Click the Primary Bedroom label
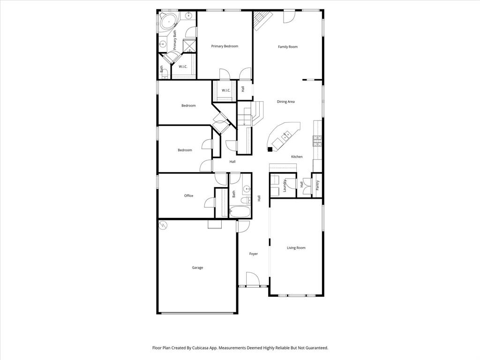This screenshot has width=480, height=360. tap(225, 46)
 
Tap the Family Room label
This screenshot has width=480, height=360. tap(288, 47)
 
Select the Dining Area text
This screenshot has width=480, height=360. tap(285, 102)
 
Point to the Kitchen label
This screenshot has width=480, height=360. tap(297, 157)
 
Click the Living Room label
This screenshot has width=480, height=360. tap(296, 248)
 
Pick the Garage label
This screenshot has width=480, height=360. tap(197, 268)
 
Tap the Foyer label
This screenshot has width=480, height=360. tap(254, 254)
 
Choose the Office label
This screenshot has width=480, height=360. tap(188, 196)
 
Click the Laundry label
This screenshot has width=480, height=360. tap(285, 186)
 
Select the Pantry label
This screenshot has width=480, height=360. tap(317, 186)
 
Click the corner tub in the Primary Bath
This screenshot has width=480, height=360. tap(167, 22)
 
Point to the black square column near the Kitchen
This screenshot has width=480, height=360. tap(270, 150)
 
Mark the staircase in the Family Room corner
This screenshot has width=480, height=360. tap(262, 20)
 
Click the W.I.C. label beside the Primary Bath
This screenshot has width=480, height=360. tap(183, 67)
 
